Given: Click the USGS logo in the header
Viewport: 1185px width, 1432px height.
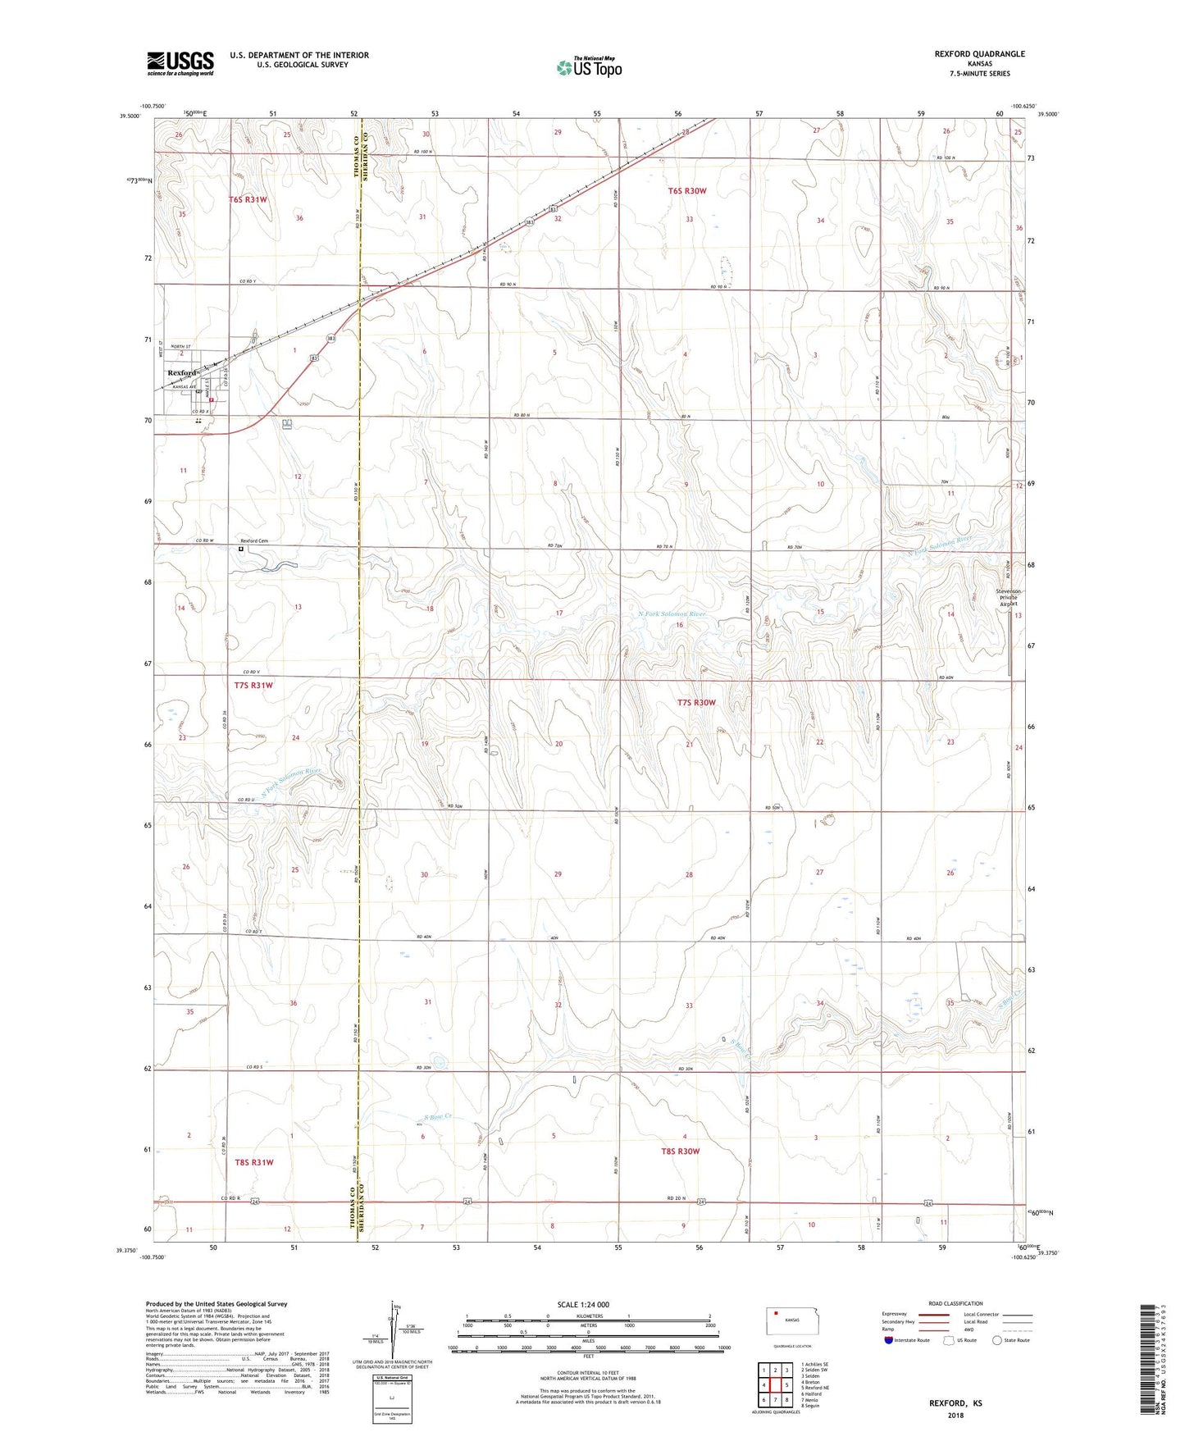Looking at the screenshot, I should [x=180, y=62].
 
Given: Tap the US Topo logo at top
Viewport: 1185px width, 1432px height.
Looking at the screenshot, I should [x=589, y=67].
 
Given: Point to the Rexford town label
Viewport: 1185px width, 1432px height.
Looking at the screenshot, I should [x=182, y=373].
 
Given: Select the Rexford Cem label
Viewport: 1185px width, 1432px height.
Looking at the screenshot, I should [x=254, y=541].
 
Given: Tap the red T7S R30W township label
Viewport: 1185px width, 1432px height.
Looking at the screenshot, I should [x=696, y=703].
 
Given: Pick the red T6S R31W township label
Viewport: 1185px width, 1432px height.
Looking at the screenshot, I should [x=248, y=199].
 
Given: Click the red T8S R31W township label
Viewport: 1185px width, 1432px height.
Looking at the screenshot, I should [x=253, y=1162].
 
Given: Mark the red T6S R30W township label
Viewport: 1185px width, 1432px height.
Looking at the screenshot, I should [x=686, y=191].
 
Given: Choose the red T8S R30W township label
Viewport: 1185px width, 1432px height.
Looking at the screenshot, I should [x=680, y=1152].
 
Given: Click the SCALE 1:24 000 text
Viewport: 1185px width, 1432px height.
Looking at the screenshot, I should [x=583, y=1305].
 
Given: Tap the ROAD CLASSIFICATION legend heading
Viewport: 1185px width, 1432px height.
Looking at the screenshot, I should [x=955, y=1303].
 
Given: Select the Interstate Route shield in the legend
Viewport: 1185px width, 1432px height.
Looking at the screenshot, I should [x=889, y=1340].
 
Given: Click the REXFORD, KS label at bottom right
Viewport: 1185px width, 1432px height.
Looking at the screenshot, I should [x=955, y=1403].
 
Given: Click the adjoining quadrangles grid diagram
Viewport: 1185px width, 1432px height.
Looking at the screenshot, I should [x=775, y=1383].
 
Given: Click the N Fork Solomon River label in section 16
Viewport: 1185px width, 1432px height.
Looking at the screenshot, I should [x=672, y=613].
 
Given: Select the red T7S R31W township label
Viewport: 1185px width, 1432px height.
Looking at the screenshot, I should [x=253, y=685].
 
